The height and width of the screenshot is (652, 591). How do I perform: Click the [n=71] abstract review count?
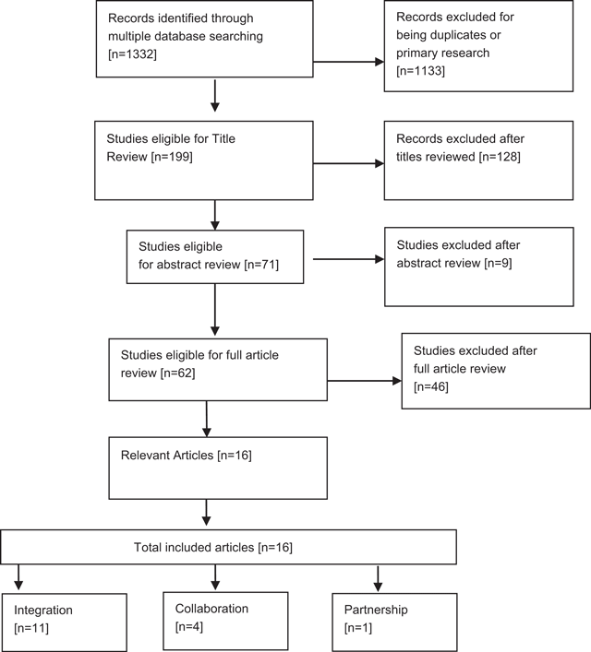(x=257, y=265)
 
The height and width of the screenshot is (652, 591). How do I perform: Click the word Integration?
(x=43, y=611)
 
